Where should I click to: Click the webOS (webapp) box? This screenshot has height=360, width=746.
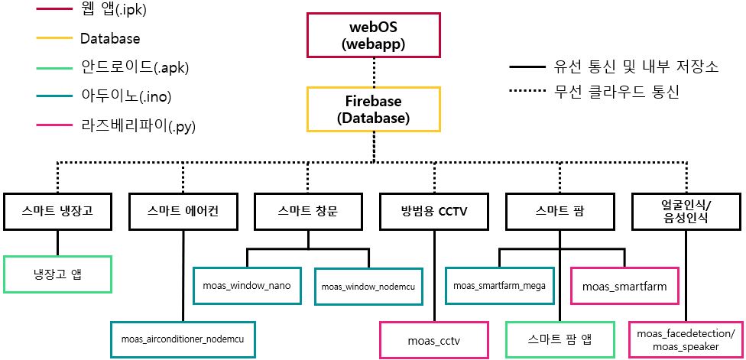(373, 36)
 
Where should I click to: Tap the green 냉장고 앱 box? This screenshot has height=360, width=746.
(57, 274)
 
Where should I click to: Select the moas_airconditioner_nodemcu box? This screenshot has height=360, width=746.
(183, 338)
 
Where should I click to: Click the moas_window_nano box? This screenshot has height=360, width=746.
(246, 285)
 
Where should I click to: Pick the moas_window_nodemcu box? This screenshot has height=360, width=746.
(368, 286)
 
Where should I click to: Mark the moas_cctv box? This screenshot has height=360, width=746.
(433, 339)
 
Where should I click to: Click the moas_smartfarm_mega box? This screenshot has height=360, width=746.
(499, 285)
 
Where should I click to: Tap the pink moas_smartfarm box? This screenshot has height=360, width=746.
(624, 286)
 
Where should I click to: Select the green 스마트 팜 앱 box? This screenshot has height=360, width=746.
(559, 339)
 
